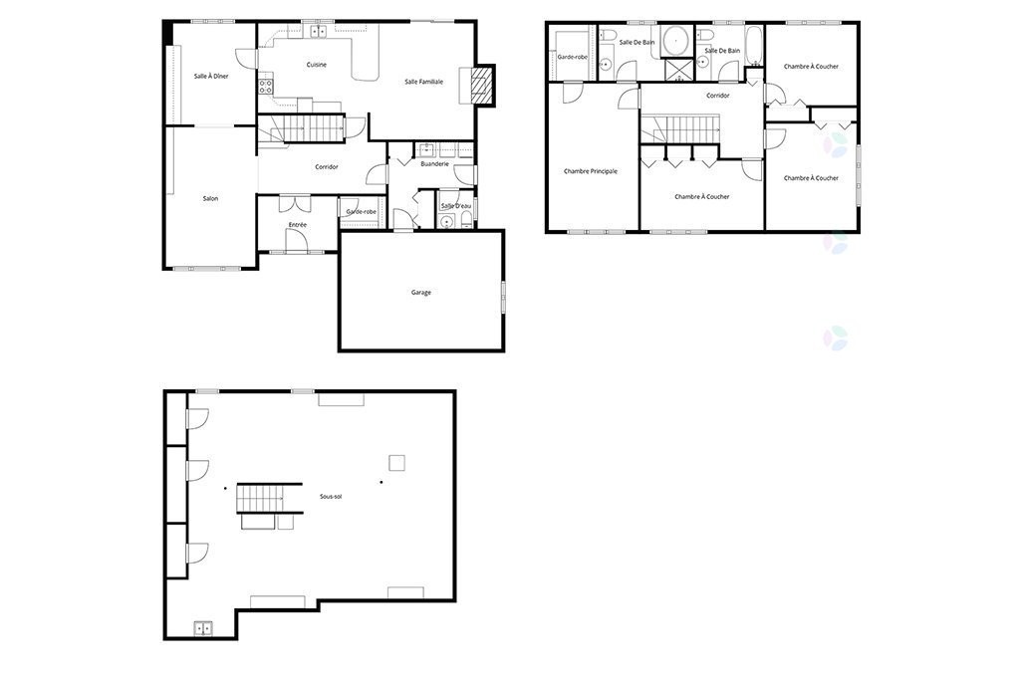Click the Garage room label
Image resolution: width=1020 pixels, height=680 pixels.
420,293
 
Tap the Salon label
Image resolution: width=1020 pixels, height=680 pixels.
210,199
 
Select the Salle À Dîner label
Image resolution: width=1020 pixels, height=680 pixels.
211,76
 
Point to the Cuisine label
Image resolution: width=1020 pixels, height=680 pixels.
317,65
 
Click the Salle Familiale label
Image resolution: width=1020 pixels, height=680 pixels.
423,82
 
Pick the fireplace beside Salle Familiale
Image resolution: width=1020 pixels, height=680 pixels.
482,86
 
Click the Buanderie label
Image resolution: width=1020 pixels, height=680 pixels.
434,163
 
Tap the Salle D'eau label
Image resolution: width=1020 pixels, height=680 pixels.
456,206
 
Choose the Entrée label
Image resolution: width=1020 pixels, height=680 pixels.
297,225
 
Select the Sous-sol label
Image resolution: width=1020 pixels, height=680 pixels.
331,496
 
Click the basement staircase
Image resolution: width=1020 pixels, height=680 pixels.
261,497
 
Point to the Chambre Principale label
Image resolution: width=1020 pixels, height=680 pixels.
590,171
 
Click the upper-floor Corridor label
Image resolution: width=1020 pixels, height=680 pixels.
717,96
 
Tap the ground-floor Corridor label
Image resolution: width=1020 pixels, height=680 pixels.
327,167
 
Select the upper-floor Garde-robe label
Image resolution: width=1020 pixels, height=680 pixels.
571,58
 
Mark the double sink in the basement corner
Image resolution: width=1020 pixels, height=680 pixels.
202,628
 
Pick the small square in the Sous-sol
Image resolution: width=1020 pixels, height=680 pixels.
396,461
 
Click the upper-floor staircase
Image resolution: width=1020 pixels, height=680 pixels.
681,128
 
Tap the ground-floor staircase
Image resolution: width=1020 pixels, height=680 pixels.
304,128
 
